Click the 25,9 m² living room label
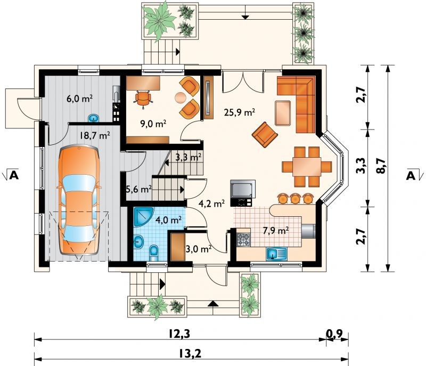tap(239, 112)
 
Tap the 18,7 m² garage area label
tap(95, 135)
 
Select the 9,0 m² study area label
tap(153, 124)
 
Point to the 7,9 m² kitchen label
tap(275, 231)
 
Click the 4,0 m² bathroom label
tap(168, 219)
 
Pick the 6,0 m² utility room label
tap(79, 99)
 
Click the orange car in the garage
tap(79, 200)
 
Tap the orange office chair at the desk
tap(143, 99)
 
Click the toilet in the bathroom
tap(154, 253)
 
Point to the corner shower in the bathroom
tap(144, 217)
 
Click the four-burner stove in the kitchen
tap(243, 240)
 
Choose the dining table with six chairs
tap(307, 167)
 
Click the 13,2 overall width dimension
tap(190, 354)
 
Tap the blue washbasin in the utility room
tap(94, 118)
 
